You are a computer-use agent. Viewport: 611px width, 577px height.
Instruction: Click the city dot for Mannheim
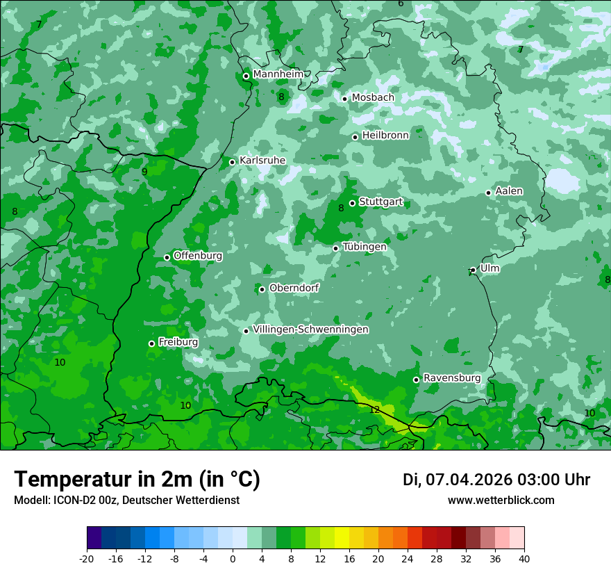click(246, 76)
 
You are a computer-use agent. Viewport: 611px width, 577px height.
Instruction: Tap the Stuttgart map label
click(380, 202)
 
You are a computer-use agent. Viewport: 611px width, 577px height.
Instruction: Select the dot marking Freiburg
click(151, 343)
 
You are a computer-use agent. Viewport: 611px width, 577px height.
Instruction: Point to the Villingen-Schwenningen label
click(310, 330)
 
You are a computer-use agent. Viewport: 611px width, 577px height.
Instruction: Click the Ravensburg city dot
click(416, 380)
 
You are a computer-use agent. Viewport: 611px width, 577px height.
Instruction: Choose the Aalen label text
click(509, 191)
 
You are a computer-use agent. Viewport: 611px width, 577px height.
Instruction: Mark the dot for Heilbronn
click(355, 137)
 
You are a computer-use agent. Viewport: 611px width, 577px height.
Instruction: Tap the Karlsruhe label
click(262, 161)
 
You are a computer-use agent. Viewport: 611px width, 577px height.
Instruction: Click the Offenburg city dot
click(167, 257)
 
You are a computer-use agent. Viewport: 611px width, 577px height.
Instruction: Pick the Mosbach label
click(372, 98)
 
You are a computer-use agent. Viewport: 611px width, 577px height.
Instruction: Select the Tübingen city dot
click(335, 248)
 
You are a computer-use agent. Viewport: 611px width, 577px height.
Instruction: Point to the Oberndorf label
click(294, 288)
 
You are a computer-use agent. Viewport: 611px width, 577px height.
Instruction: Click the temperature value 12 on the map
click(375, 410)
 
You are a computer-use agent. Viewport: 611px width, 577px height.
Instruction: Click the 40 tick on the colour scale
click(524, 558)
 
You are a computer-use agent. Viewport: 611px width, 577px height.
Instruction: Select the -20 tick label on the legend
click(87, 558)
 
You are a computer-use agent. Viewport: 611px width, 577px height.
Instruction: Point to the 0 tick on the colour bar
click(233, 558)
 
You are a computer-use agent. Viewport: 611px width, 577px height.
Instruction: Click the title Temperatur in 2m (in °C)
click(137, 480)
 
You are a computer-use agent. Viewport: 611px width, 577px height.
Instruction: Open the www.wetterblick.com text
click(501, 501)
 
